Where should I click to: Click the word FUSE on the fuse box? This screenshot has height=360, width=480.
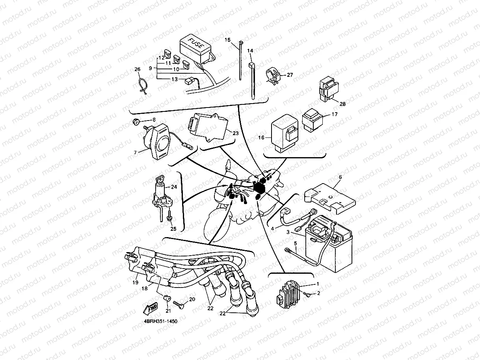coord(196,43)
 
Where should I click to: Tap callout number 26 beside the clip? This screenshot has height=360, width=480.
coord(137,69)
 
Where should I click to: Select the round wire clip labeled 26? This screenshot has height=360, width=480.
coord(144,87)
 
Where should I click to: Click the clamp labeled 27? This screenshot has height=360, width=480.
coord(273,75)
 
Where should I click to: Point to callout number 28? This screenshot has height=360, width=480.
coord(342,104)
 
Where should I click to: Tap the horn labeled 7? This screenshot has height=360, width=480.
coord(159,141)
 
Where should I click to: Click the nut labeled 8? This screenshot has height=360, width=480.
coord(136,122)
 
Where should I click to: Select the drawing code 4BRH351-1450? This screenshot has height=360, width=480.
coord(160,321)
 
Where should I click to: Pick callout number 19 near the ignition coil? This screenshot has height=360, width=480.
coord(136,282)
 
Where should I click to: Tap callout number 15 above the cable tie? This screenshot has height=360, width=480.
coord(227,40)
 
